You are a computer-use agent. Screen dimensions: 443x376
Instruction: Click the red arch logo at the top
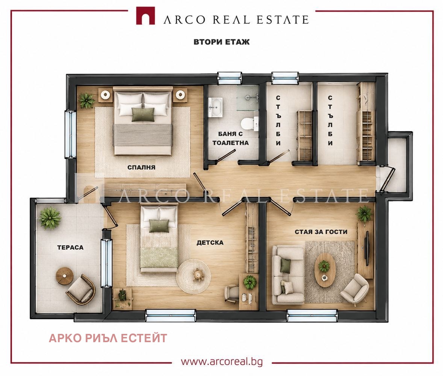point(145,16)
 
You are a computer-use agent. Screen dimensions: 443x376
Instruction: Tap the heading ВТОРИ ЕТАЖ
point(222,42)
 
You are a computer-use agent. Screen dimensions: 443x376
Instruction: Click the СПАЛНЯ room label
point(141,167)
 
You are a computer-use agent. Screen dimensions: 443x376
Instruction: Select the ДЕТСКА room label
point(210,243)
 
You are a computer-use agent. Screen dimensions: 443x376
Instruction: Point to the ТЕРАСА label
point(70,248)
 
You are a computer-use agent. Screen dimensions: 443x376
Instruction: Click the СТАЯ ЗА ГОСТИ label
point(321,232)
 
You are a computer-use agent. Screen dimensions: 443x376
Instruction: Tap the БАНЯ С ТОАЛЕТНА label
point(231,138)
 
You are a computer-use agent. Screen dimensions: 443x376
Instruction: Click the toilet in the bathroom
point(249,124)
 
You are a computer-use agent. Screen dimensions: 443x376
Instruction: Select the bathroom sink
point(215,107)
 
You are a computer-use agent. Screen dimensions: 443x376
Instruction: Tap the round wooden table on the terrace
point(65,276)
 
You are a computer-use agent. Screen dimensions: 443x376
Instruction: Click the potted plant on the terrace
point(50,217)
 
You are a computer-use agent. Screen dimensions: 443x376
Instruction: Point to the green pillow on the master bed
point(143,115)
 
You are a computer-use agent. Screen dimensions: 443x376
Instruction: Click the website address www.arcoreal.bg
point(222,362)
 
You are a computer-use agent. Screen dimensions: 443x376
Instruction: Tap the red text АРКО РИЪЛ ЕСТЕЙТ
point(108,338)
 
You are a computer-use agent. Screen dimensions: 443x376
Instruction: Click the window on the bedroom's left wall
point(70,134)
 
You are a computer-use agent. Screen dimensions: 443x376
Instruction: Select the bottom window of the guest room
point(312,315)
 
